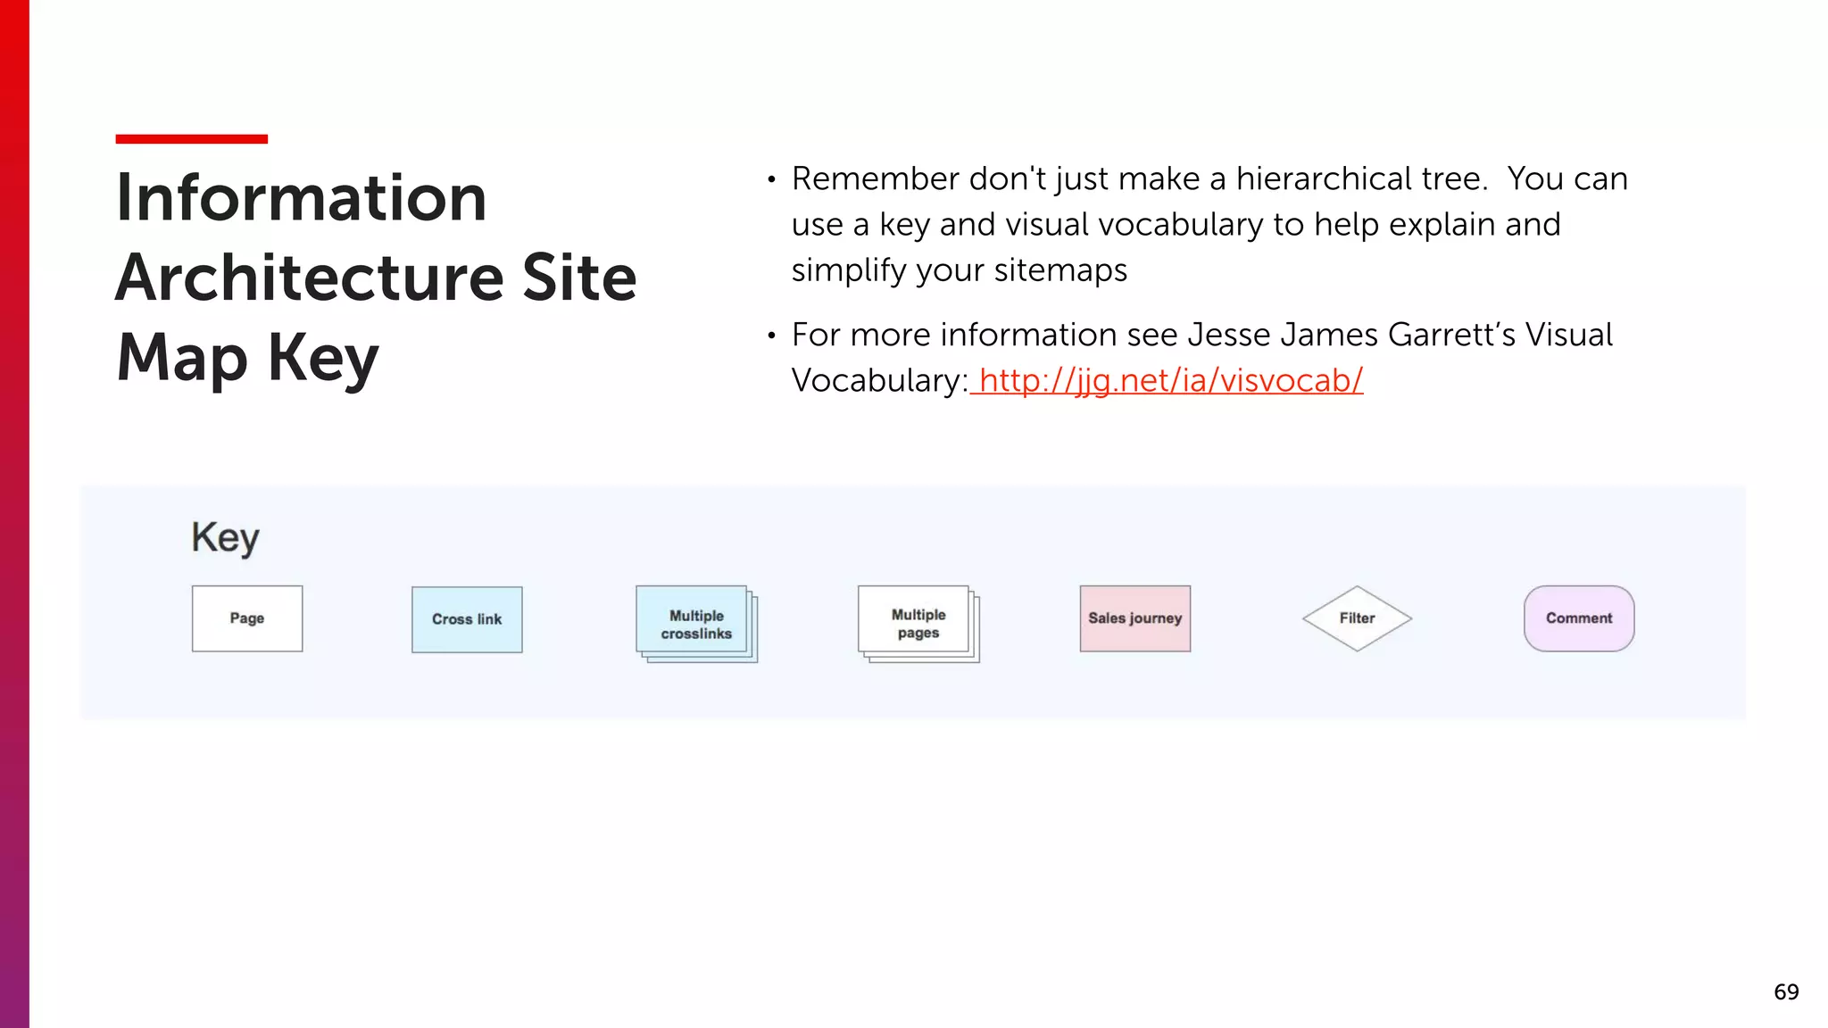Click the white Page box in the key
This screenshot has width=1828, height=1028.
247,618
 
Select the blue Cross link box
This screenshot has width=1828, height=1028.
467,619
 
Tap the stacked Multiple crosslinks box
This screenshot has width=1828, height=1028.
695,624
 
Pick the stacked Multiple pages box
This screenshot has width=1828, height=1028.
918,623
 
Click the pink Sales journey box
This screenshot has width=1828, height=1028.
1134,618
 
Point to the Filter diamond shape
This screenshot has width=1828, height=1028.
1357,618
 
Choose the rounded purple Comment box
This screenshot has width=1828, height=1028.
1578,618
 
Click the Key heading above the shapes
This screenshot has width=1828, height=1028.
225,538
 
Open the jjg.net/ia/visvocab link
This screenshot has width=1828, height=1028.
1170,381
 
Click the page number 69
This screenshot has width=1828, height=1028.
1786,992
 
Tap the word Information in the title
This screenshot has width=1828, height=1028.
302,198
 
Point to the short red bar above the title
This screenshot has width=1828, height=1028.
191,139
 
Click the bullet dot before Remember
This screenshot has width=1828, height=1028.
771,180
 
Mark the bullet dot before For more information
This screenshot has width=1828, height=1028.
771,336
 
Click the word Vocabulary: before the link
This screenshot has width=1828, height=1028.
879,381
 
